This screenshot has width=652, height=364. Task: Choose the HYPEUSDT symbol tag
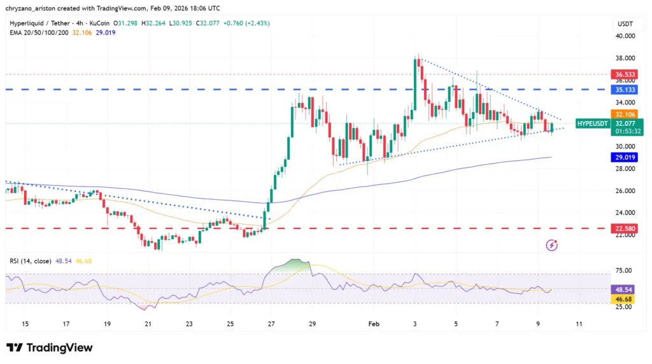pos(592,123)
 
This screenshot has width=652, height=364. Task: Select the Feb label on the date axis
pos(374,324)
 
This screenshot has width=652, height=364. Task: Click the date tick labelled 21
pos(148,324)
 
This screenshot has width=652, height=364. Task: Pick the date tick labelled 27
pos(271,324)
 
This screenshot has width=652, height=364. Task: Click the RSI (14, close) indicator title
pos(31,261)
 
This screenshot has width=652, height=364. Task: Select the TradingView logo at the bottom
pos(49,347)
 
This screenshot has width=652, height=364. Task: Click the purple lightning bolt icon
pos(552,245)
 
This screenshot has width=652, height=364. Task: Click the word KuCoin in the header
pos(112,23)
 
